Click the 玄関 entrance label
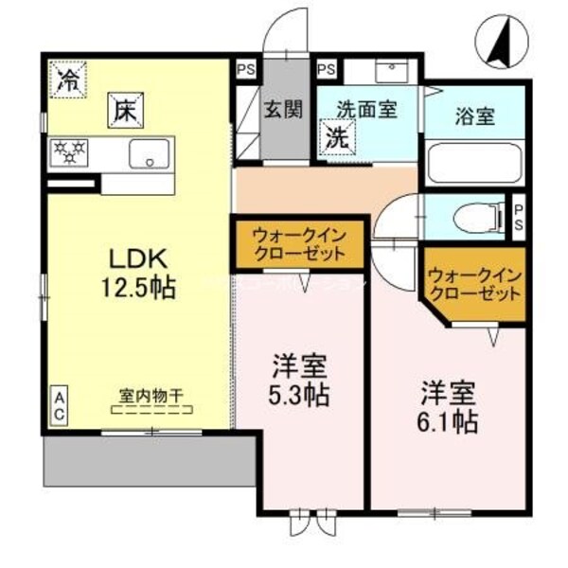(x=284, y=109)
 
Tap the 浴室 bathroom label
(x=475, y=118)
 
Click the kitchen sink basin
(x=149, y=152)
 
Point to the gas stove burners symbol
(x=68, y=152)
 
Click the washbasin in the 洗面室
(x=390, y=71)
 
